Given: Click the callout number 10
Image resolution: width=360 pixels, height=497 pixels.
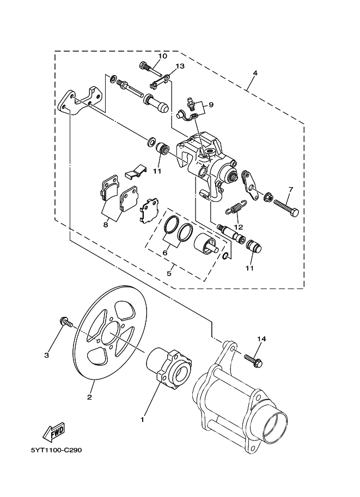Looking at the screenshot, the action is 162,56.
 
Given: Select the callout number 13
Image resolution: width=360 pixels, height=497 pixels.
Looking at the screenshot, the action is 180,66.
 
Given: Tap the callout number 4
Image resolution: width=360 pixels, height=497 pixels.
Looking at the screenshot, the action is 255,73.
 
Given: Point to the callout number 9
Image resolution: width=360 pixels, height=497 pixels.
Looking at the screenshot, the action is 211,105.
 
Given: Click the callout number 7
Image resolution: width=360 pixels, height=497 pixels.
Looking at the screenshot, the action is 291,189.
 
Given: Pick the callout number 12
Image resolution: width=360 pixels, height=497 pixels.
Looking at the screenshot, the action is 239,227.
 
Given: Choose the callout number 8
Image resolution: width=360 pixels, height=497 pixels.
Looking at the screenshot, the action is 106,225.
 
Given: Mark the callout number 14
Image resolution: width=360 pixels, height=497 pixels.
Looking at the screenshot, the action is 261,339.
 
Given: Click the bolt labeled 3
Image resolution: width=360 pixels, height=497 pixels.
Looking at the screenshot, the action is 66,322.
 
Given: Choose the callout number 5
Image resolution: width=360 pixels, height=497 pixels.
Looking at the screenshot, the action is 169,273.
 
